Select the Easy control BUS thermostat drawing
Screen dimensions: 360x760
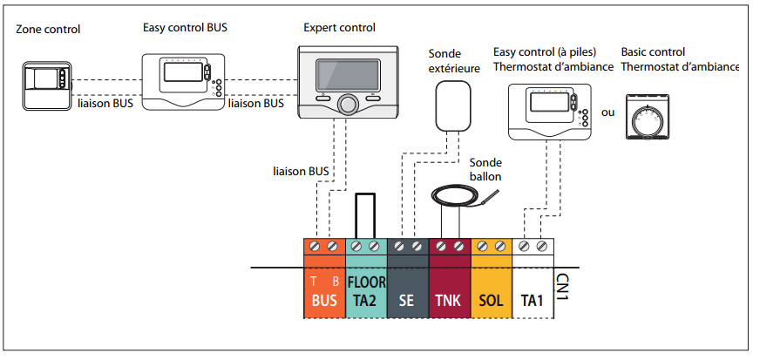point(180,81)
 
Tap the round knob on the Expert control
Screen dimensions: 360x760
point(347,104)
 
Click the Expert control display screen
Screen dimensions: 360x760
point(347,72)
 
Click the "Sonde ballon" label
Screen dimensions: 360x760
point(485,168)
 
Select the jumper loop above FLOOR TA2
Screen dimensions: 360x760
point(366,215)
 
